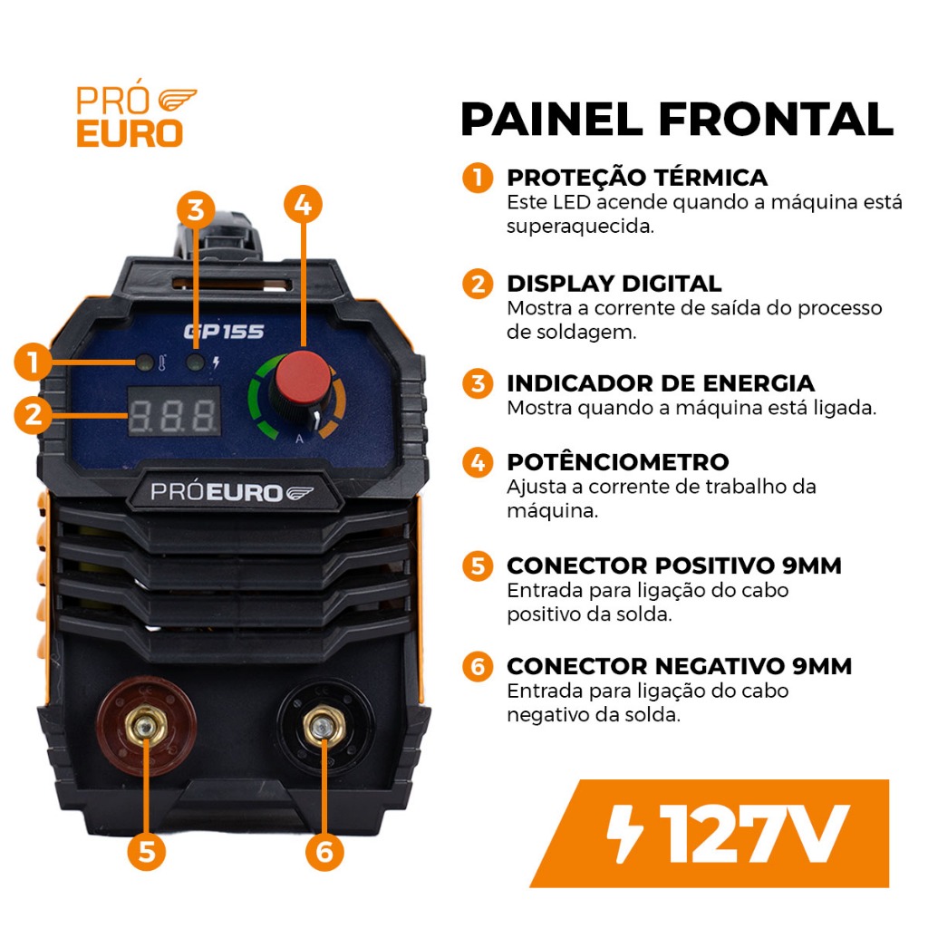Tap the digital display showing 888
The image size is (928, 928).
click(x=175, y=411)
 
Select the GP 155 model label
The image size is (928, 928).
click(x=224, y=332)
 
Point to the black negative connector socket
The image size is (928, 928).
click(x=324, y=727)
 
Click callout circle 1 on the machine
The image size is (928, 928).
click(x=34, y=362)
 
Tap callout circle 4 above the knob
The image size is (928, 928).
click(x=303, y=205)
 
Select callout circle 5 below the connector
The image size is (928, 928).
click(x=147, y=851)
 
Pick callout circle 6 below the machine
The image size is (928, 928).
click(x=324, y=851)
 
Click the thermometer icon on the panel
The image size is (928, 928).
click(x=162, y=362)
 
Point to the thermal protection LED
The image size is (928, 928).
click(x=144, y=362)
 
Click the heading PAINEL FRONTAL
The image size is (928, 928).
click(x=676, y=120)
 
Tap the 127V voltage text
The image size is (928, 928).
click(x=755, y=834)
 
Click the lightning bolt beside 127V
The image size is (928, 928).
click(x=626, y=834)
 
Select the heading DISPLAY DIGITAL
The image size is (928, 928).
click(x=614, y=284)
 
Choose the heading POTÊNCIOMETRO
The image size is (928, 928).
click(x=618, y=461)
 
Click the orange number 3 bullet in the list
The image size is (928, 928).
click(x=478, y=383)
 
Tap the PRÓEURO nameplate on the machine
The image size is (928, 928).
click(x=232, y=492)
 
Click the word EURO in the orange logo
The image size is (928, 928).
click(x=130, y=133)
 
